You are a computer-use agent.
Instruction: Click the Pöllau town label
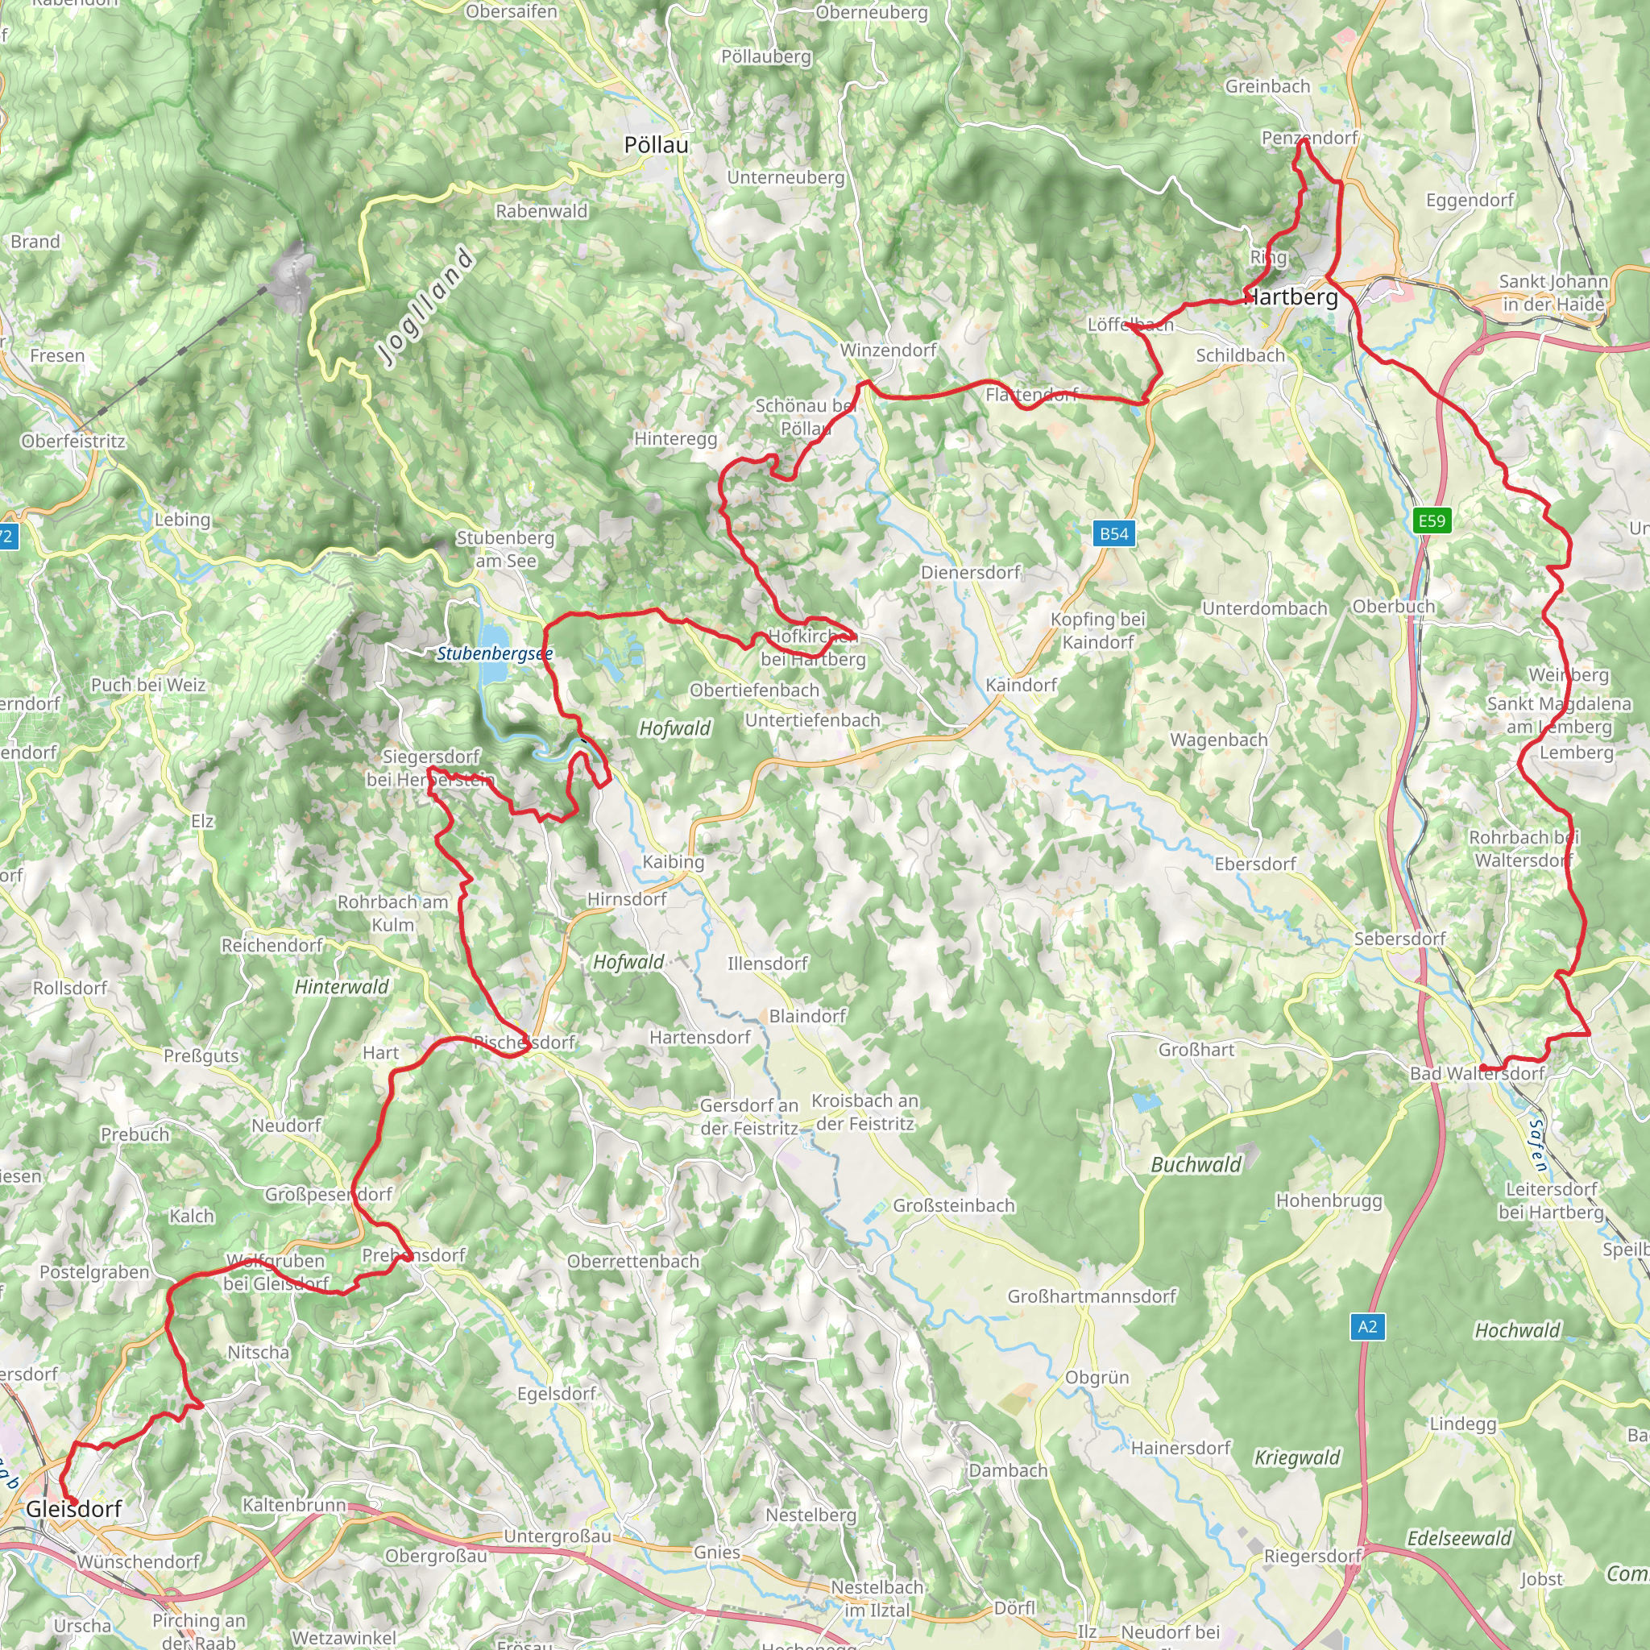[x=656, y=145]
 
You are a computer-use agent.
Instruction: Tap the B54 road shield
[x=1113, y=534]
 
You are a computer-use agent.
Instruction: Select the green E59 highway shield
[x=1432, y=520]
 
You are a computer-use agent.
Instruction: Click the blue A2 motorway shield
[x=1367, y=1326]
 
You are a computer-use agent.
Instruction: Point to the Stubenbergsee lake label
[x=495, y=654]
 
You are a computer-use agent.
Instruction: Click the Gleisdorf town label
[x=73, y=1509]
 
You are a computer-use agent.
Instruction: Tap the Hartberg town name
[x=1291, y=297]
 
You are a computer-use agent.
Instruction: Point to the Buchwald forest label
[x=1196, y=1165]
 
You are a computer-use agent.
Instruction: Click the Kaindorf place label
[x=1021, y=685]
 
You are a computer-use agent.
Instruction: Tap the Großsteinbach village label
[x=954, y=1205]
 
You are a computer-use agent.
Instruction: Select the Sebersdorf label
[x=1399, y=939]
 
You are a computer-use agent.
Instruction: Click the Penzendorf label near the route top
[x=1309, y=138]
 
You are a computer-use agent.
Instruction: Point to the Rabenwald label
[x=541, y=211]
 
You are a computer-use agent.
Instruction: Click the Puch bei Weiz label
[x=148, y=685]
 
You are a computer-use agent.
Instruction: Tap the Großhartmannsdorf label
[x=1092, y=1296]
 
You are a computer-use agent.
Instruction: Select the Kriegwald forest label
[x=1297, y=1457]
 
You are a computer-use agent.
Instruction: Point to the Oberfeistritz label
[x=73, y=442]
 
